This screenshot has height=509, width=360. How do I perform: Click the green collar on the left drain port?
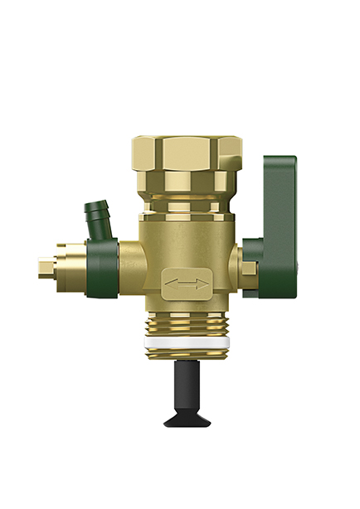click(103, 266)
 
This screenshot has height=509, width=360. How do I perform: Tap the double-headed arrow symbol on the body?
click(186, 284)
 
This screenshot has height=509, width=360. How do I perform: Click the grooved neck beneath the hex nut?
click(181, 204)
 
